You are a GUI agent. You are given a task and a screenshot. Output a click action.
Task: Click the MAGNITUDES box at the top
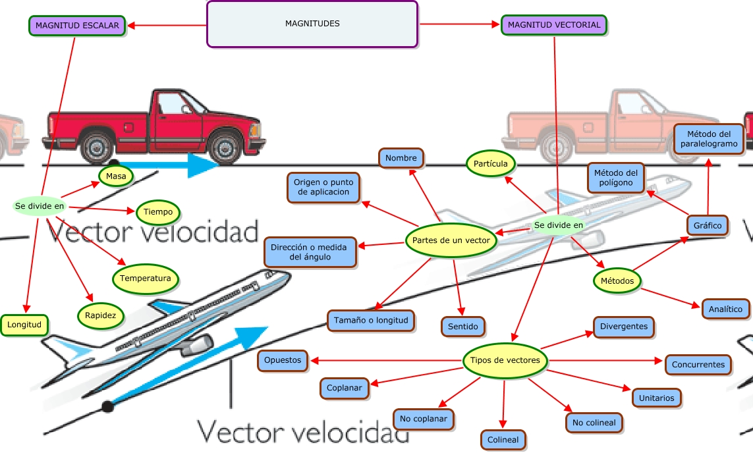pos(312,24)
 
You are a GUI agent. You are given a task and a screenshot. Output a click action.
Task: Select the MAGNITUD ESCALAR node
pos(77,26)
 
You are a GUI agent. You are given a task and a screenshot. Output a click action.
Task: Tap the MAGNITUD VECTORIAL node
pos(554,25)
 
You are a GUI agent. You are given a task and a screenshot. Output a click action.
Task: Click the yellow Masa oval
pos(116,176)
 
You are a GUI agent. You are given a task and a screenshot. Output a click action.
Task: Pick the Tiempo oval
pos(158,212)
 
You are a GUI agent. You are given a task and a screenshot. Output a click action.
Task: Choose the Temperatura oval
pos(146,279)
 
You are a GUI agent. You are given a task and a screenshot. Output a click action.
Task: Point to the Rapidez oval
pos(100,316)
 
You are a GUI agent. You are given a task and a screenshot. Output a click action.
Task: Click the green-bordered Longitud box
pos(24,325)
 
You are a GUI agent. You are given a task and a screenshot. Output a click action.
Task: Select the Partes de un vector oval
pos(451,240)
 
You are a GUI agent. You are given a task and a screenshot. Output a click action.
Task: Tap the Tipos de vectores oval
pos(505,360)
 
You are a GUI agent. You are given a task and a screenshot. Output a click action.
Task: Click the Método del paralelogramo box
pos(709,139)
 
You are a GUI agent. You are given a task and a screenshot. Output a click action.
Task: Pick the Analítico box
pos(725,309)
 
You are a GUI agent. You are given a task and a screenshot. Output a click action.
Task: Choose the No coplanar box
pos(423,419)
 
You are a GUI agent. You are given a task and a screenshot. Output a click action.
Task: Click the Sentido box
pos(463,326)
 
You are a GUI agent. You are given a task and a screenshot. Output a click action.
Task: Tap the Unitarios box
pos(656,398)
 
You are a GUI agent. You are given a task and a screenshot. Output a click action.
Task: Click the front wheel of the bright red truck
pos(225,148)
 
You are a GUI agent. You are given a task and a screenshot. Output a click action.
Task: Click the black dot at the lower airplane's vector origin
pos(107,407)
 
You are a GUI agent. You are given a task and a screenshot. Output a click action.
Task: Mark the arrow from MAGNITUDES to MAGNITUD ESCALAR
pos(167,26)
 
